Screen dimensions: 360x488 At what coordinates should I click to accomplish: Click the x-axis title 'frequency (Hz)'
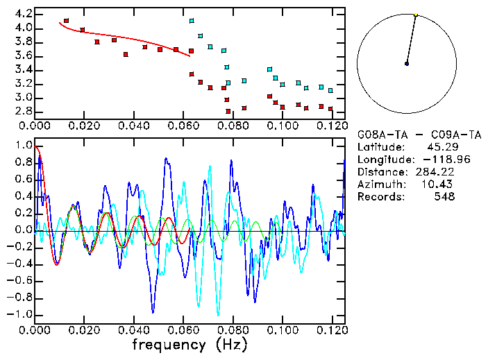[x=189, y=344]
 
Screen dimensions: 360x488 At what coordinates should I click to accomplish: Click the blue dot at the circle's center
[x=407, y=64]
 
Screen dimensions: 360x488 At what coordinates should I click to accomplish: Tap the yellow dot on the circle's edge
[x=416, y=15]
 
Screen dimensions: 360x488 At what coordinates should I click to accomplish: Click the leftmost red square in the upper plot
[x=66, y=21]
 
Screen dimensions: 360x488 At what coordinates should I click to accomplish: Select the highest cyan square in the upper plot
[x=192, y=21]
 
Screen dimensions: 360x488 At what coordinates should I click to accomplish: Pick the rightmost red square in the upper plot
[x=330, y=109]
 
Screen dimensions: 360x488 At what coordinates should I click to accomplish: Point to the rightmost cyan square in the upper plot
[x=330, y=90]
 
